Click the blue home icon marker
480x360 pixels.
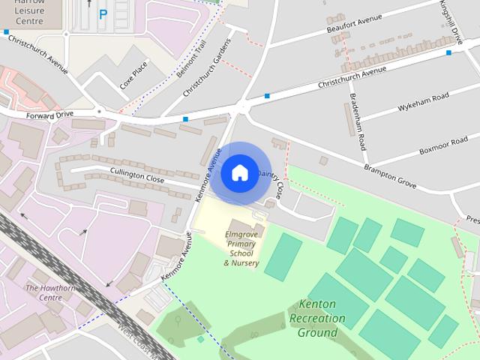pyautogui.click(x=239, y=173)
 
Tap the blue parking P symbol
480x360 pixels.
pyautogui.click(x=103, y=13)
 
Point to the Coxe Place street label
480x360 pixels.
pyautogui.click(x=133, y=75)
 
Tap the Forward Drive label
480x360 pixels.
pyautogui.click(x=49, y=115)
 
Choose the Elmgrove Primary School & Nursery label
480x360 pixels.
pyautogui.click(x=241, y=248)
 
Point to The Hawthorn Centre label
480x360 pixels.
pyautogui.click(x=44, y=292)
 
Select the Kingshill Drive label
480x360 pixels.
pyautogui.click(x=451, y=22)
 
